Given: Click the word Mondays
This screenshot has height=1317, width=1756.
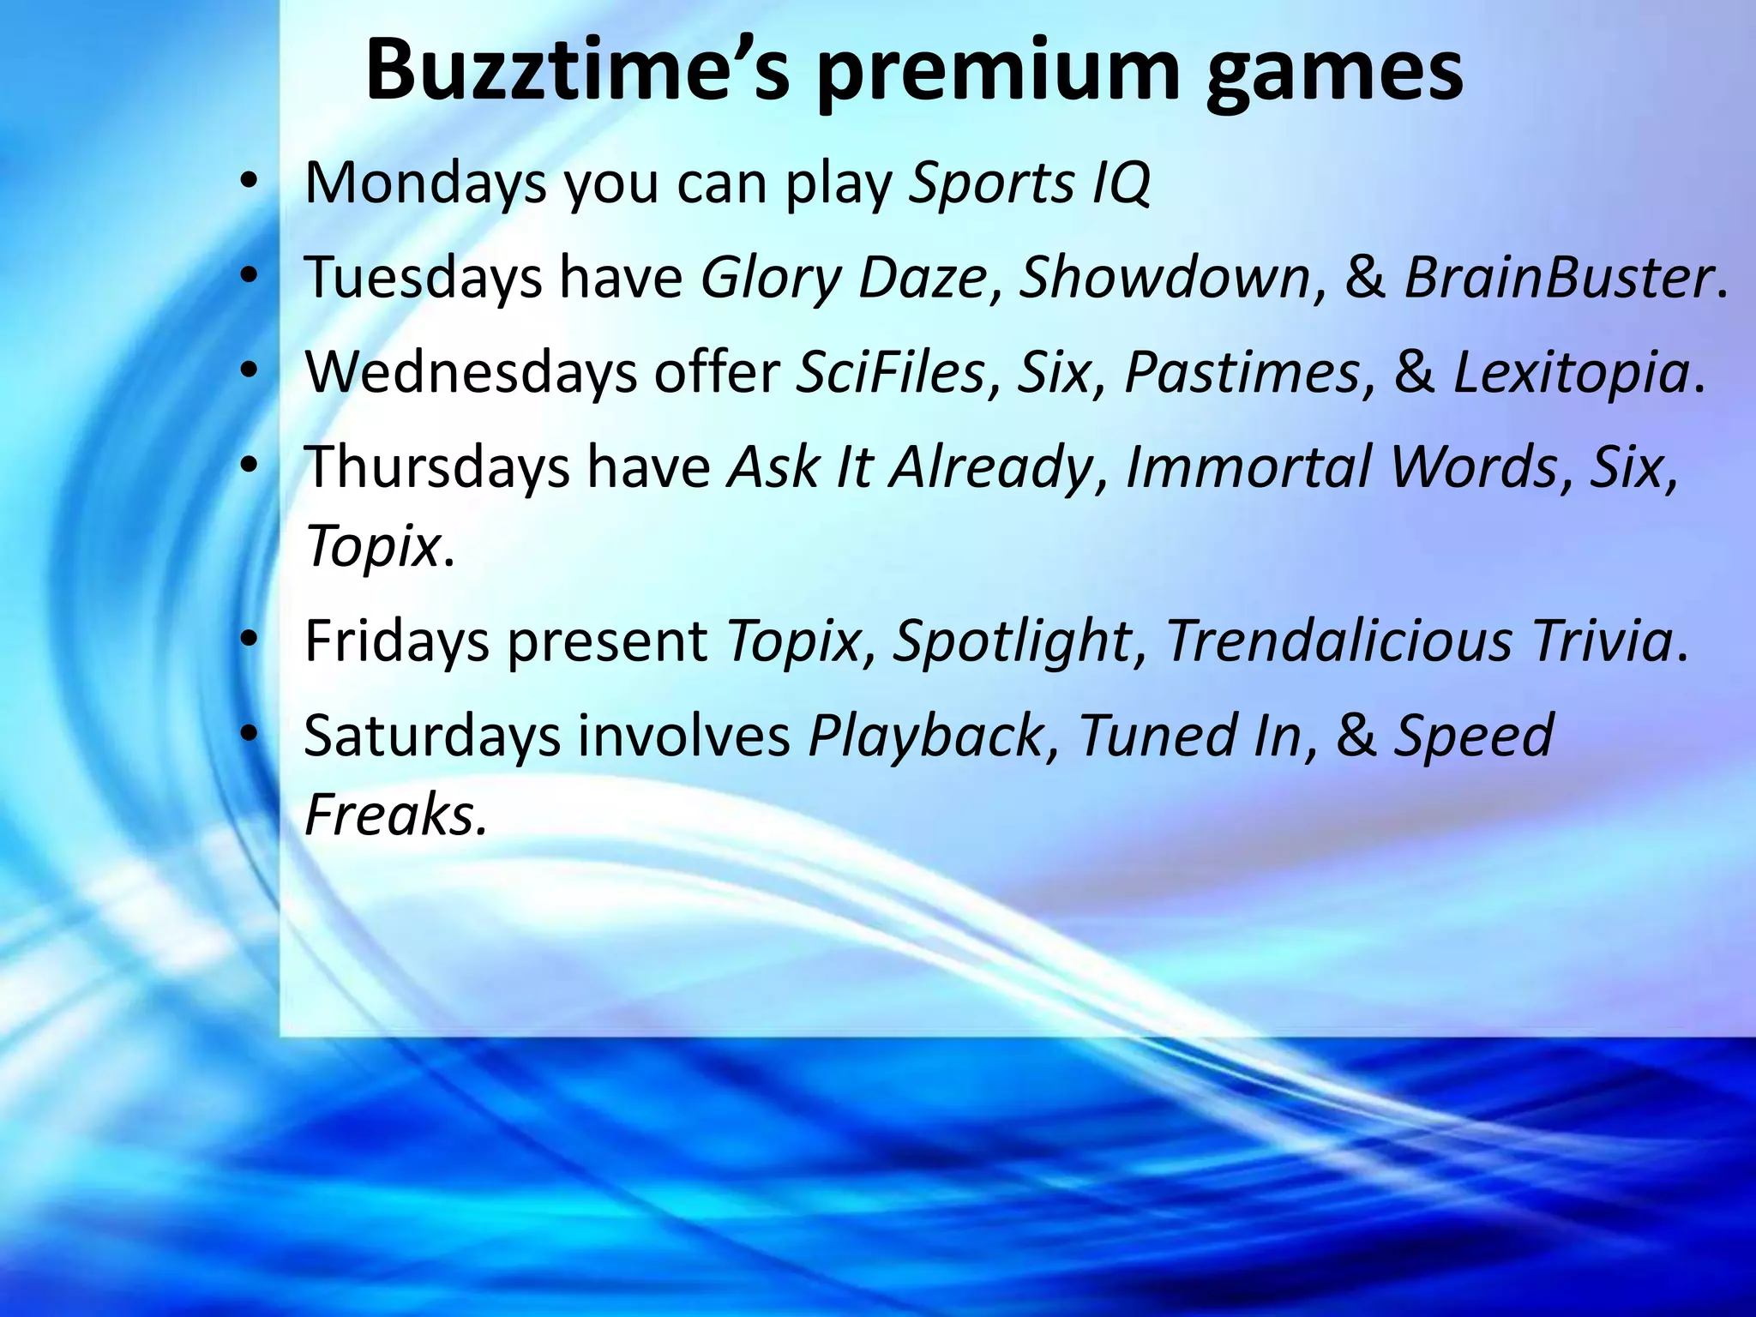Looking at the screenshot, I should click(x=425, y=183).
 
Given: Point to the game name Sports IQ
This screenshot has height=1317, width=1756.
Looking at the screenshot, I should click(x=1029, y=183).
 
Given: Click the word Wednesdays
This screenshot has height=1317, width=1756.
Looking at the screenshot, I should click(x=471, y=373).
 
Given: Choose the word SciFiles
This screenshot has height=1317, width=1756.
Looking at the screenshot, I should click(x=890, y=373).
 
